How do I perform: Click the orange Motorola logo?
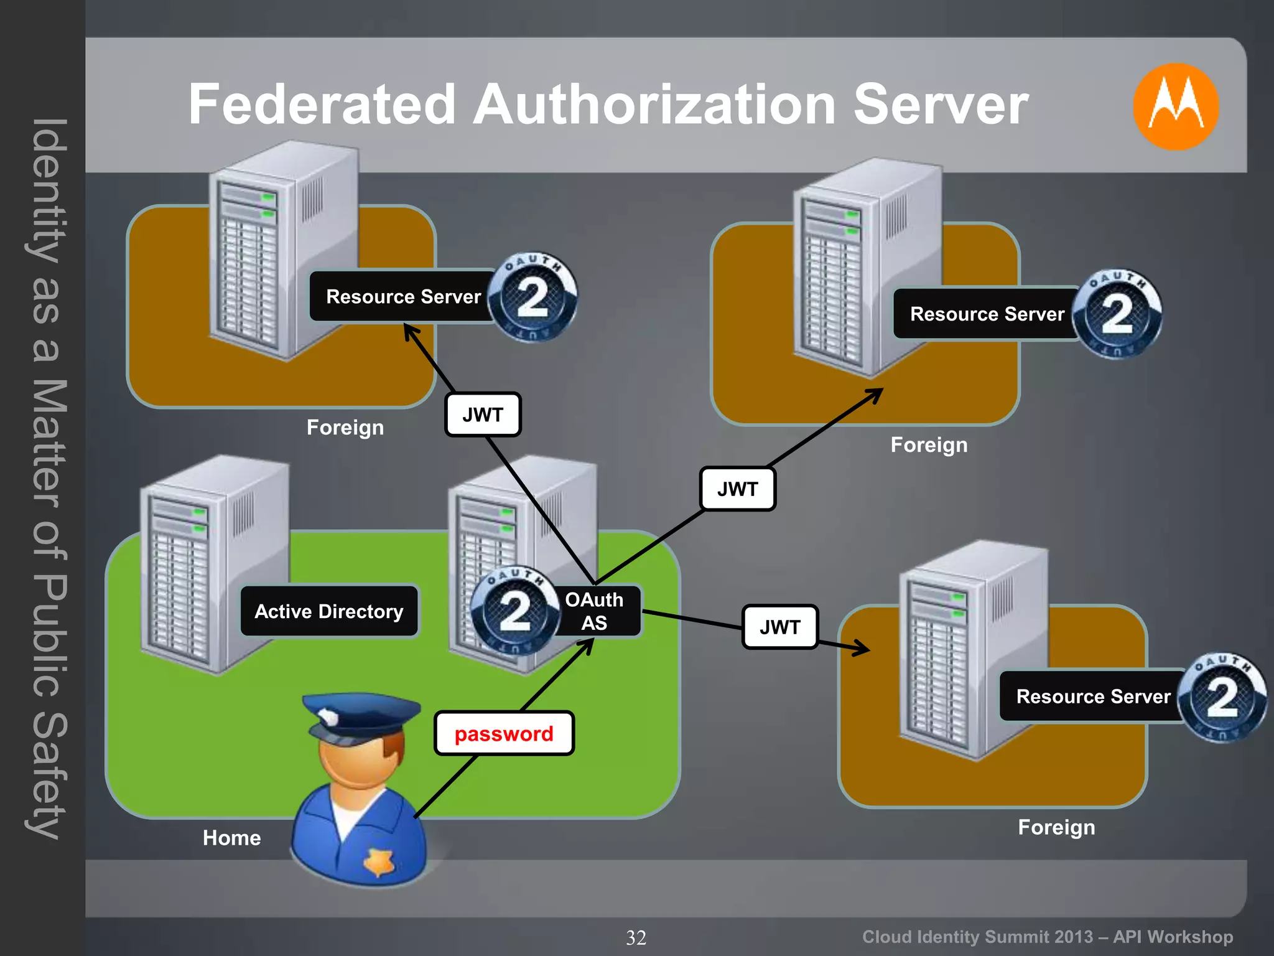(x=1175, y=106)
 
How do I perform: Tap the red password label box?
(x=504, y=733)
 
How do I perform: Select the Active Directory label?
(x=329, y=611)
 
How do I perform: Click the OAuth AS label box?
(x=595, y=611)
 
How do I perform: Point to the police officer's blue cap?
(x=361, y=716)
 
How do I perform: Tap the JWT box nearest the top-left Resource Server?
(x=483, y=415)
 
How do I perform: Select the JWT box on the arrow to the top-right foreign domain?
(x=738, y=489)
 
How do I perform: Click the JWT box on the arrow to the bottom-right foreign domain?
(x=780, y=627)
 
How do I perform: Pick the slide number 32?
(x=636, y=937)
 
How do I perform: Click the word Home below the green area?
(x=231, y=838)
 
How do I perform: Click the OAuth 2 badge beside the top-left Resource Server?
(x=532, y=296)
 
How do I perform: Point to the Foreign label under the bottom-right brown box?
(x=1056, y=827)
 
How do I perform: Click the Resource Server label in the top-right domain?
(x=987, y=314)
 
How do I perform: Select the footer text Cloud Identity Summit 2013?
(x=977, y=937)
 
